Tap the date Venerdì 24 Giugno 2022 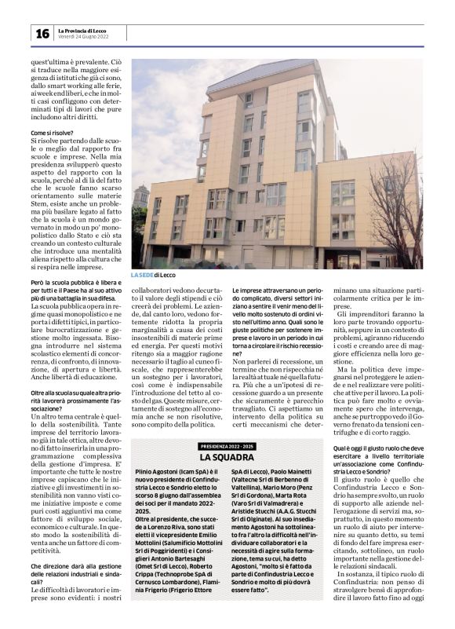83,37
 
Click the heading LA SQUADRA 227,457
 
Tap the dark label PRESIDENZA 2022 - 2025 227,446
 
